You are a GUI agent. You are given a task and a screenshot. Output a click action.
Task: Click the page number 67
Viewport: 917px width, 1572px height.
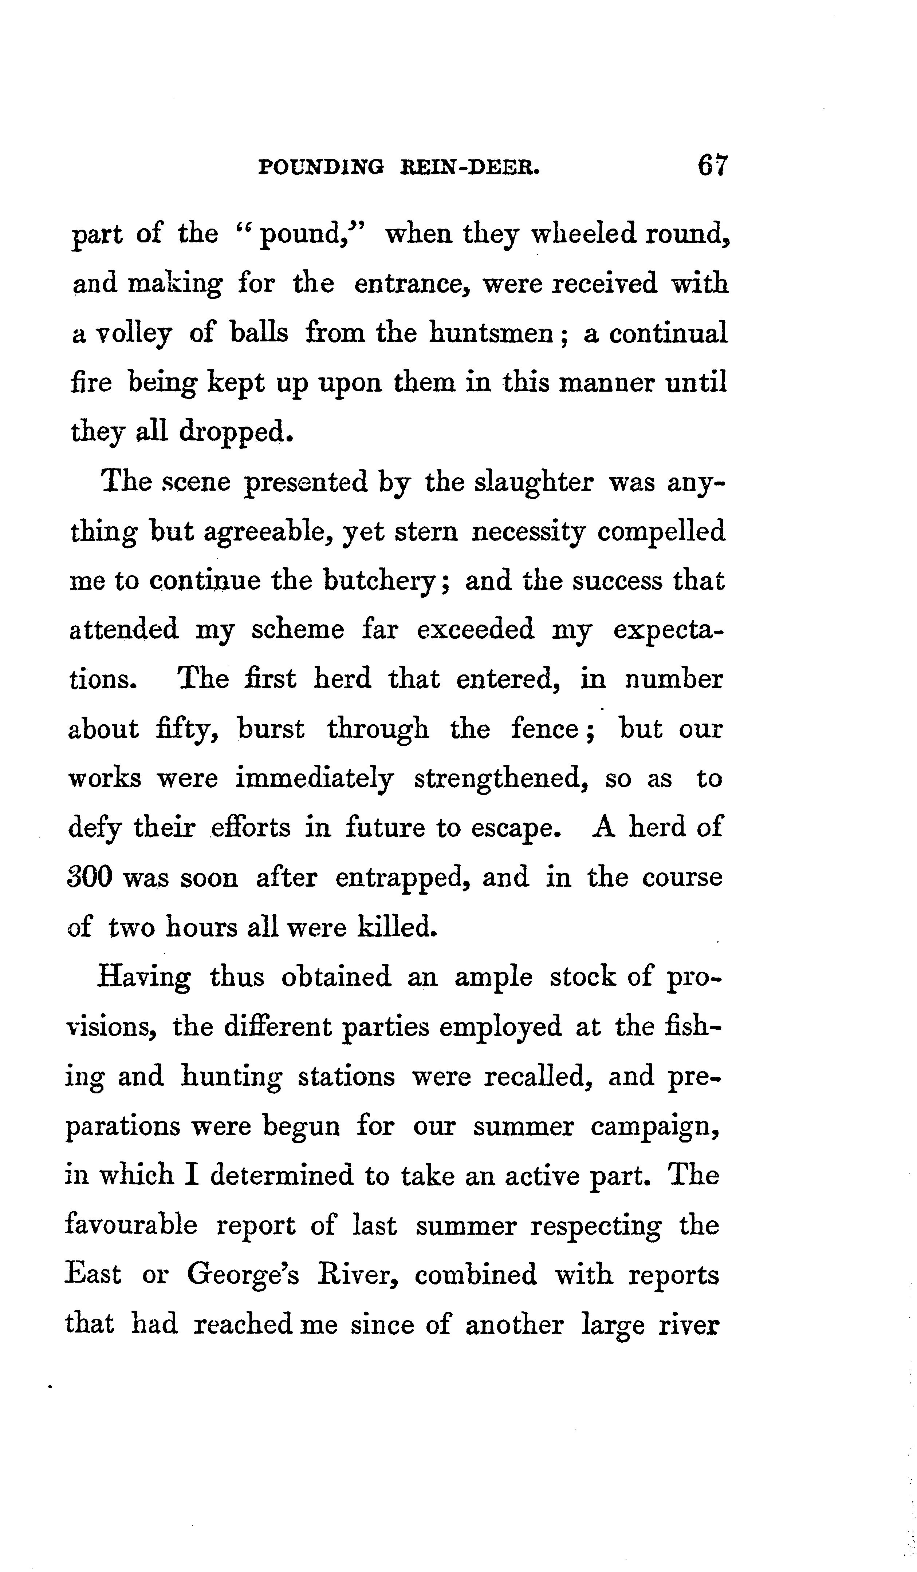(x=713, y=167)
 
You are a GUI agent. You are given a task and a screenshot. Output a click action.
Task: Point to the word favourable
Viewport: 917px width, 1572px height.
(x=131, y=1225)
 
